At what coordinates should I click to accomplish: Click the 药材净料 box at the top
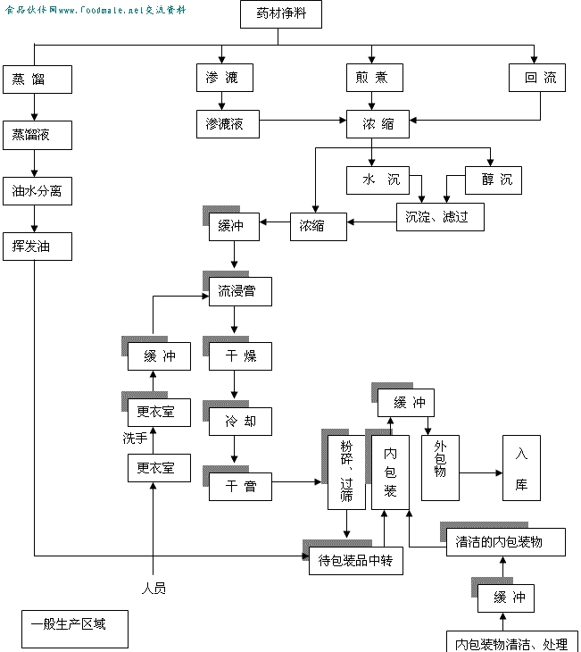[x=280, y=15]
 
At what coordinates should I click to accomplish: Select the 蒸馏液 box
[x=37, y=136]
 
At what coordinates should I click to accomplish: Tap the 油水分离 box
[x=37, y=191]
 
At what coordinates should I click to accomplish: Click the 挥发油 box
[x=37, y=247]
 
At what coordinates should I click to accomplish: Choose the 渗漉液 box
[x=227, y=124]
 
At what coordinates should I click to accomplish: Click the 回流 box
[x=538, y=79]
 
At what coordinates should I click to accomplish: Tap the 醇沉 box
[x=494, y=180]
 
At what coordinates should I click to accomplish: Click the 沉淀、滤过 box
[x=440, y=216]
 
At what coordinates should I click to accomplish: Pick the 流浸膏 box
[x=240, y=292]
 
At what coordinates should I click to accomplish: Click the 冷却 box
[x=240, y=421]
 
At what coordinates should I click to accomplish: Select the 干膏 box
[x=240, y=487]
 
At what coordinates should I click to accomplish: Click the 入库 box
[x=521, y=468]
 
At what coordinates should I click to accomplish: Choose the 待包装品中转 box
[x=355, y=561]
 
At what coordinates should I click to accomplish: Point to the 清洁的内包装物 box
[x=505, y=541]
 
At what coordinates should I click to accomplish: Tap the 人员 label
[x=154, y=588]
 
